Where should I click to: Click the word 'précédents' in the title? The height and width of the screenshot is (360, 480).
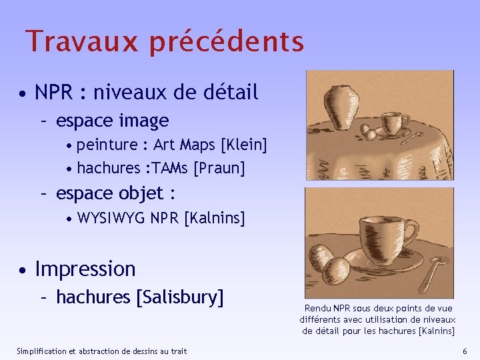[x=227, y=41]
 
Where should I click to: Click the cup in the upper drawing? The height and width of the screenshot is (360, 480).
[x=395, y=123]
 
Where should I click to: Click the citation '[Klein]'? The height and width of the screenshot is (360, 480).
[x=244, y=145]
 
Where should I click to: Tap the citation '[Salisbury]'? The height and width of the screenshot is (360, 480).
[x=179, y=297]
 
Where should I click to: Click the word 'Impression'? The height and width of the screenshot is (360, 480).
[x=85, y=269]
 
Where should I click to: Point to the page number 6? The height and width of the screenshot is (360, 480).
[x=465, y=351]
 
